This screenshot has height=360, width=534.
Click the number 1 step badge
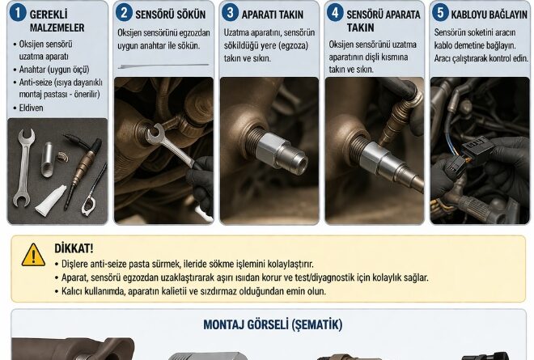pos(18,13)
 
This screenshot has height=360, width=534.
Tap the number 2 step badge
pos(124,13)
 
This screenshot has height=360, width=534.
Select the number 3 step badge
pos(231,13)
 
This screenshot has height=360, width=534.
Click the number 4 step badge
pos(335,13)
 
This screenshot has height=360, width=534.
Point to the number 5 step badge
pos(440,13)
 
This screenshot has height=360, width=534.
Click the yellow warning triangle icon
pos(33,255)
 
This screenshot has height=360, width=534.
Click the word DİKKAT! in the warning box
pos(74,248)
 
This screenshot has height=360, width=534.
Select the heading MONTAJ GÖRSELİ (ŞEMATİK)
pos(273,324)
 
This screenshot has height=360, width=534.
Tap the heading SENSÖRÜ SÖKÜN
pos(170,15)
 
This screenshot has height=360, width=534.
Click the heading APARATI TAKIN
pos(273,15)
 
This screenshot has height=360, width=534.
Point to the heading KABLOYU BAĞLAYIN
pos(489,15)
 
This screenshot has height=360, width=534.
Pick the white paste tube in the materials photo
pos(51,201)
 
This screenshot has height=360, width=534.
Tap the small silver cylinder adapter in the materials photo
pos(48,159)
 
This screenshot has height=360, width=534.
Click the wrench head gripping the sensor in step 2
pos(155,133)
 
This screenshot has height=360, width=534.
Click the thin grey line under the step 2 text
pos(163,66)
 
